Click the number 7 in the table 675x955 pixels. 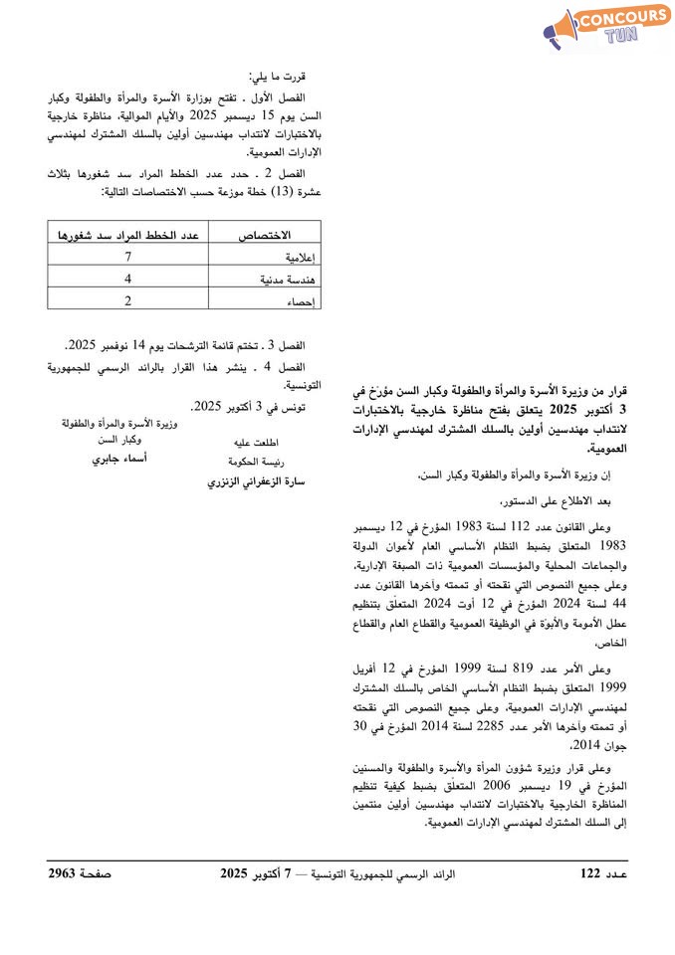click(x=128, y=258)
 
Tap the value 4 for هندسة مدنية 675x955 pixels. click(x=128, y=280)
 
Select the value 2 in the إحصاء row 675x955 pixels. click(x=128, y=300)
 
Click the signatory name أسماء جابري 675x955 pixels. click(x=119, y=460)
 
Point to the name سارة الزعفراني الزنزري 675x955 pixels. click(x=255, y=482)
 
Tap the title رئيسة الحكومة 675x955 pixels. click(x=256, y=461)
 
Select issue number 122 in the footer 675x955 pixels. click(x=591, y=874)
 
